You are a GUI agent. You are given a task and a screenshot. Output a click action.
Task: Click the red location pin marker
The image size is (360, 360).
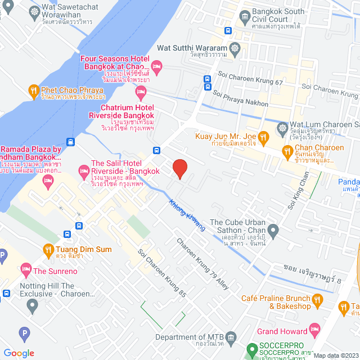[179, 168]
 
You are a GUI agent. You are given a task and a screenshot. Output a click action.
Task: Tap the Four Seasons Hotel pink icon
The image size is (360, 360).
[157, 67]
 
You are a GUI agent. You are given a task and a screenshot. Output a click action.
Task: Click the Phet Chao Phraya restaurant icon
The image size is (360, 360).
[34, 90]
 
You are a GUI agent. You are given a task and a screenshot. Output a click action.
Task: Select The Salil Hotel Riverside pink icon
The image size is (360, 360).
[83, 169]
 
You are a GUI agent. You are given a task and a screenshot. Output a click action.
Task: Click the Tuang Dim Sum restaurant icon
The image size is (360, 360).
[48, 249]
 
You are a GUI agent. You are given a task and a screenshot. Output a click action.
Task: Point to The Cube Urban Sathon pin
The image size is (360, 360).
[273, 230]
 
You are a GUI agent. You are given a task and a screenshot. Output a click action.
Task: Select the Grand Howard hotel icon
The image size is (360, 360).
[316, 331]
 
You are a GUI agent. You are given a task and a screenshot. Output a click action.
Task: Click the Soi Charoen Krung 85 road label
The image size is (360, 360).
[162, 273]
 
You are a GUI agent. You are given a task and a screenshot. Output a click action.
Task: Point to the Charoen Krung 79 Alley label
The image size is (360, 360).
[202, 265]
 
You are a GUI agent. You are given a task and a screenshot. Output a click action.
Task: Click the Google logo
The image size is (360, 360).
[19, 353]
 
